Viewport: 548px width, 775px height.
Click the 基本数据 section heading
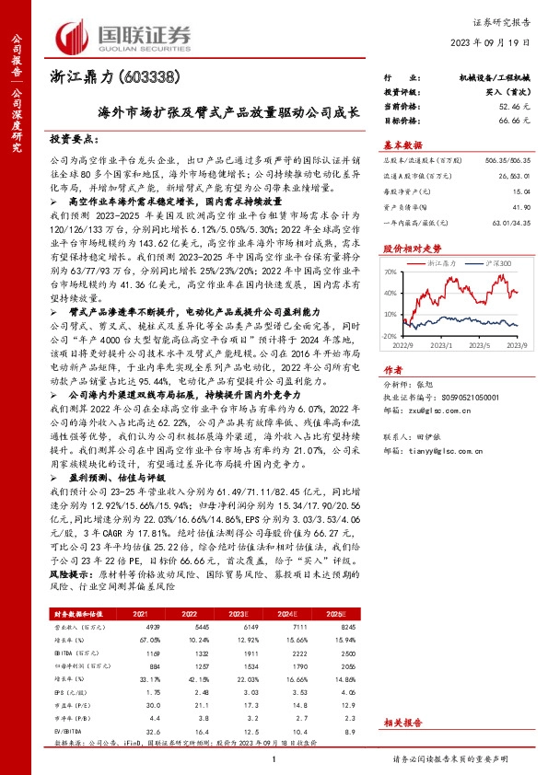[x=402, y=145]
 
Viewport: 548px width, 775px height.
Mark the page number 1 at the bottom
[x=274, y=757]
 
